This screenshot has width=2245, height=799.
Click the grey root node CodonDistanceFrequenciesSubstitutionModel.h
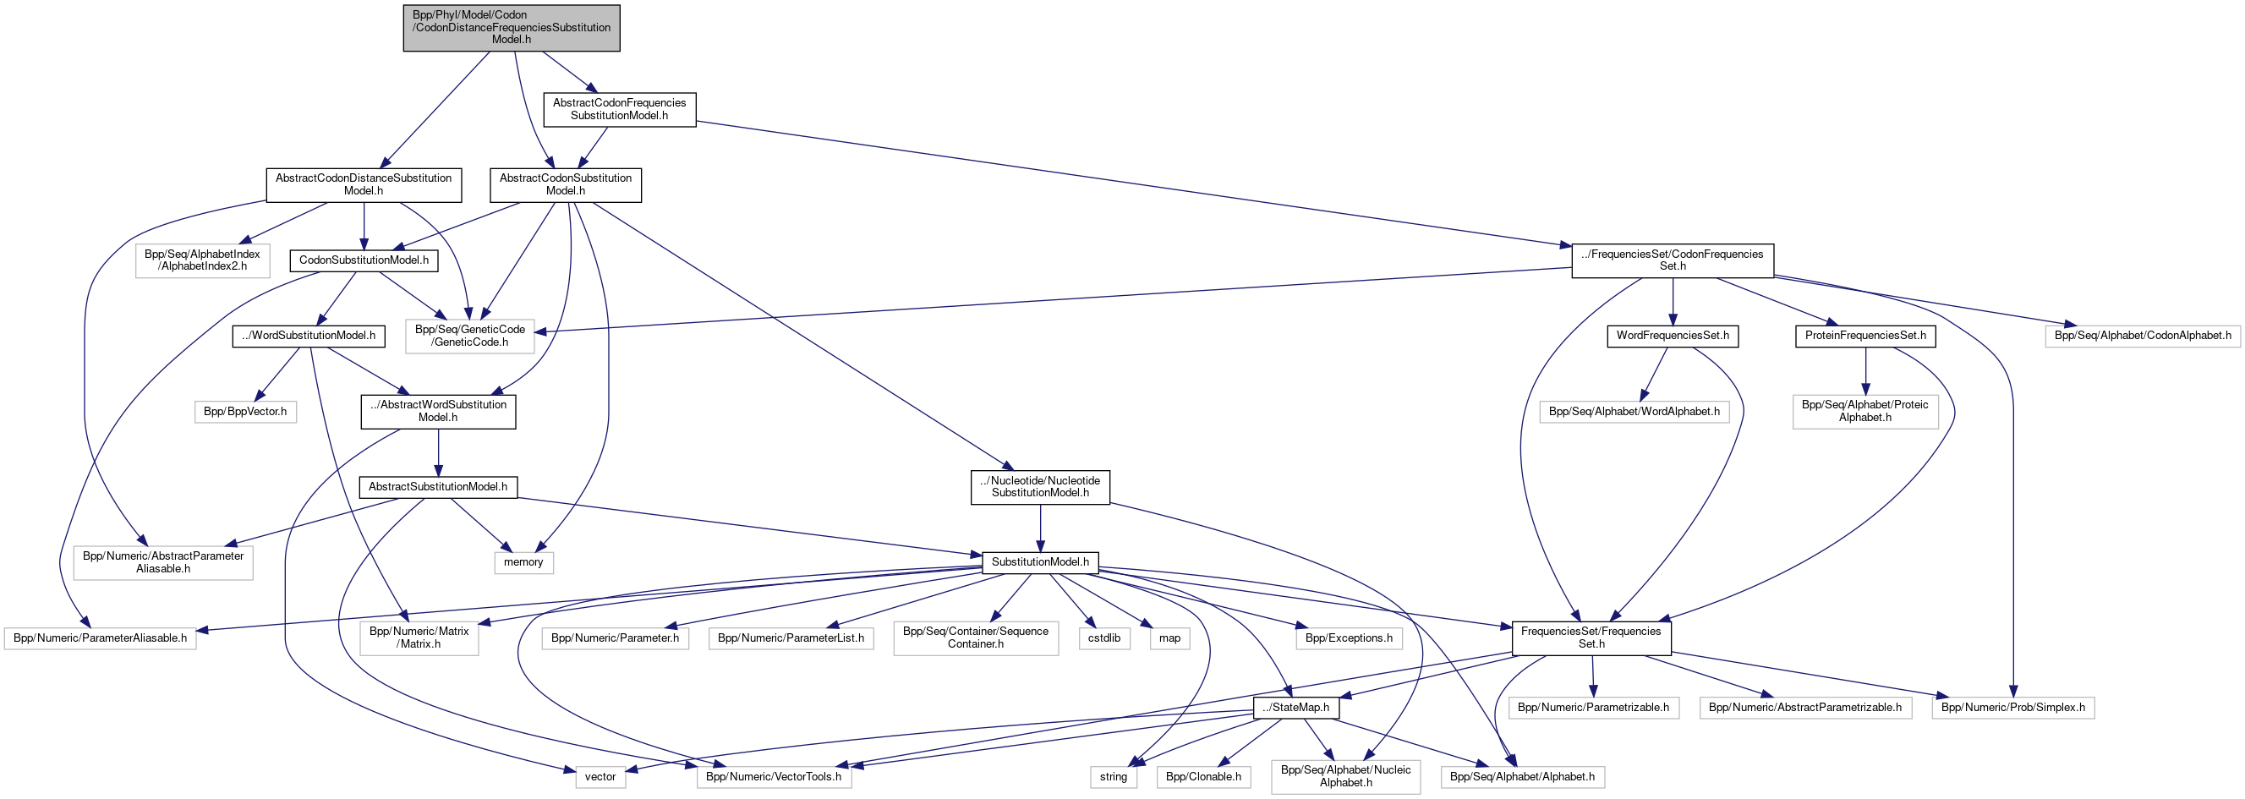[x=512, y=28]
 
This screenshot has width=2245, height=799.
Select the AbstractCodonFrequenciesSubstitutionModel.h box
[x=620, y=110]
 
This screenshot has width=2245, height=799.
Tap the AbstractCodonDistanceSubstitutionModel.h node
[x=364, y=184]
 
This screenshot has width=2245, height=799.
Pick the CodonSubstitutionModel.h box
[x=364, y=260]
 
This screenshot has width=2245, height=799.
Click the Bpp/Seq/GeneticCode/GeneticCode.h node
[x=470, y=337]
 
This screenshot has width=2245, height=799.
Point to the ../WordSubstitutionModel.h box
[x=309, y=337]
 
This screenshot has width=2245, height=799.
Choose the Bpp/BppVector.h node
[x=245, y=412]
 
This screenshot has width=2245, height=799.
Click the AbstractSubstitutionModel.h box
[x=437, y=487]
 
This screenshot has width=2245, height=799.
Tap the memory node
[x=523, y=563]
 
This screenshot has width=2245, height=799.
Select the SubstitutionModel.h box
[x=1040, y=563]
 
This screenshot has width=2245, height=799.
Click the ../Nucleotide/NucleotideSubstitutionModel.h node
[x=1040, y=487]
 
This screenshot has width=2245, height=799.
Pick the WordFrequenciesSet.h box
[x=1673, y=337]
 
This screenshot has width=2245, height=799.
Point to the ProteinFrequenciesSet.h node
[x=1865, y=337]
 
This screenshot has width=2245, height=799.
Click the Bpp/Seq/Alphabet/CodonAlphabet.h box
[x=2142, y=337]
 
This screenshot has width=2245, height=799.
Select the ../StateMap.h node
[x=1296, y=709]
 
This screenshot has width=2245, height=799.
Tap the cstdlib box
[x=1104, y=638]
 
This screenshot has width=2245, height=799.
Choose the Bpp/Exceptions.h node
[x=1348, y=638]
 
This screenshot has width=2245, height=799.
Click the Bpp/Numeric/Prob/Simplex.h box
[x=2012, y=709]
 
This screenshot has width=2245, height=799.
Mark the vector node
[x=600, y=777]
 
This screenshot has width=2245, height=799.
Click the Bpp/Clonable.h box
[x=1202, y=777]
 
